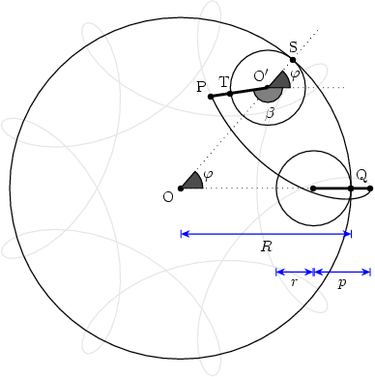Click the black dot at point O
pyautogui.click(x=181, y=188)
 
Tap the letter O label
pyautogui.click(x=168, y=196)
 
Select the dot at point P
pyautogui.click(x=211, y=97)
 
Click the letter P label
pyautogui.click(x=201, y=87)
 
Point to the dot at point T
pyautogui.click(x=230, y=94)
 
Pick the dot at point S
pyautogui.click(x=293, y=60)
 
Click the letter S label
pyautogui.click(x=293, y=47)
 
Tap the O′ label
pyautogui.click(x=261, y=75)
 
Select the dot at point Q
pyautogui.click(x=351, y=188)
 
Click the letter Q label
pyautogui.click(x=361, y=175)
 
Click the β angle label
pyautogui.click(x=271, y=113)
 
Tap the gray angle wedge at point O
pyautogui.click(x=192, y=181)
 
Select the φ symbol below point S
pyautogui.click(x=296, y=73)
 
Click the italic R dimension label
pyautogui.click(x=266, y=246)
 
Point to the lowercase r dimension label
pyautogui.click(x=294, y=282)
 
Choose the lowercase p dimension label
pyautogui.click(x=341, y=283)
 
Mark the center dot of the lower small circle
pyautogui.click(x=313, y=188)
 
